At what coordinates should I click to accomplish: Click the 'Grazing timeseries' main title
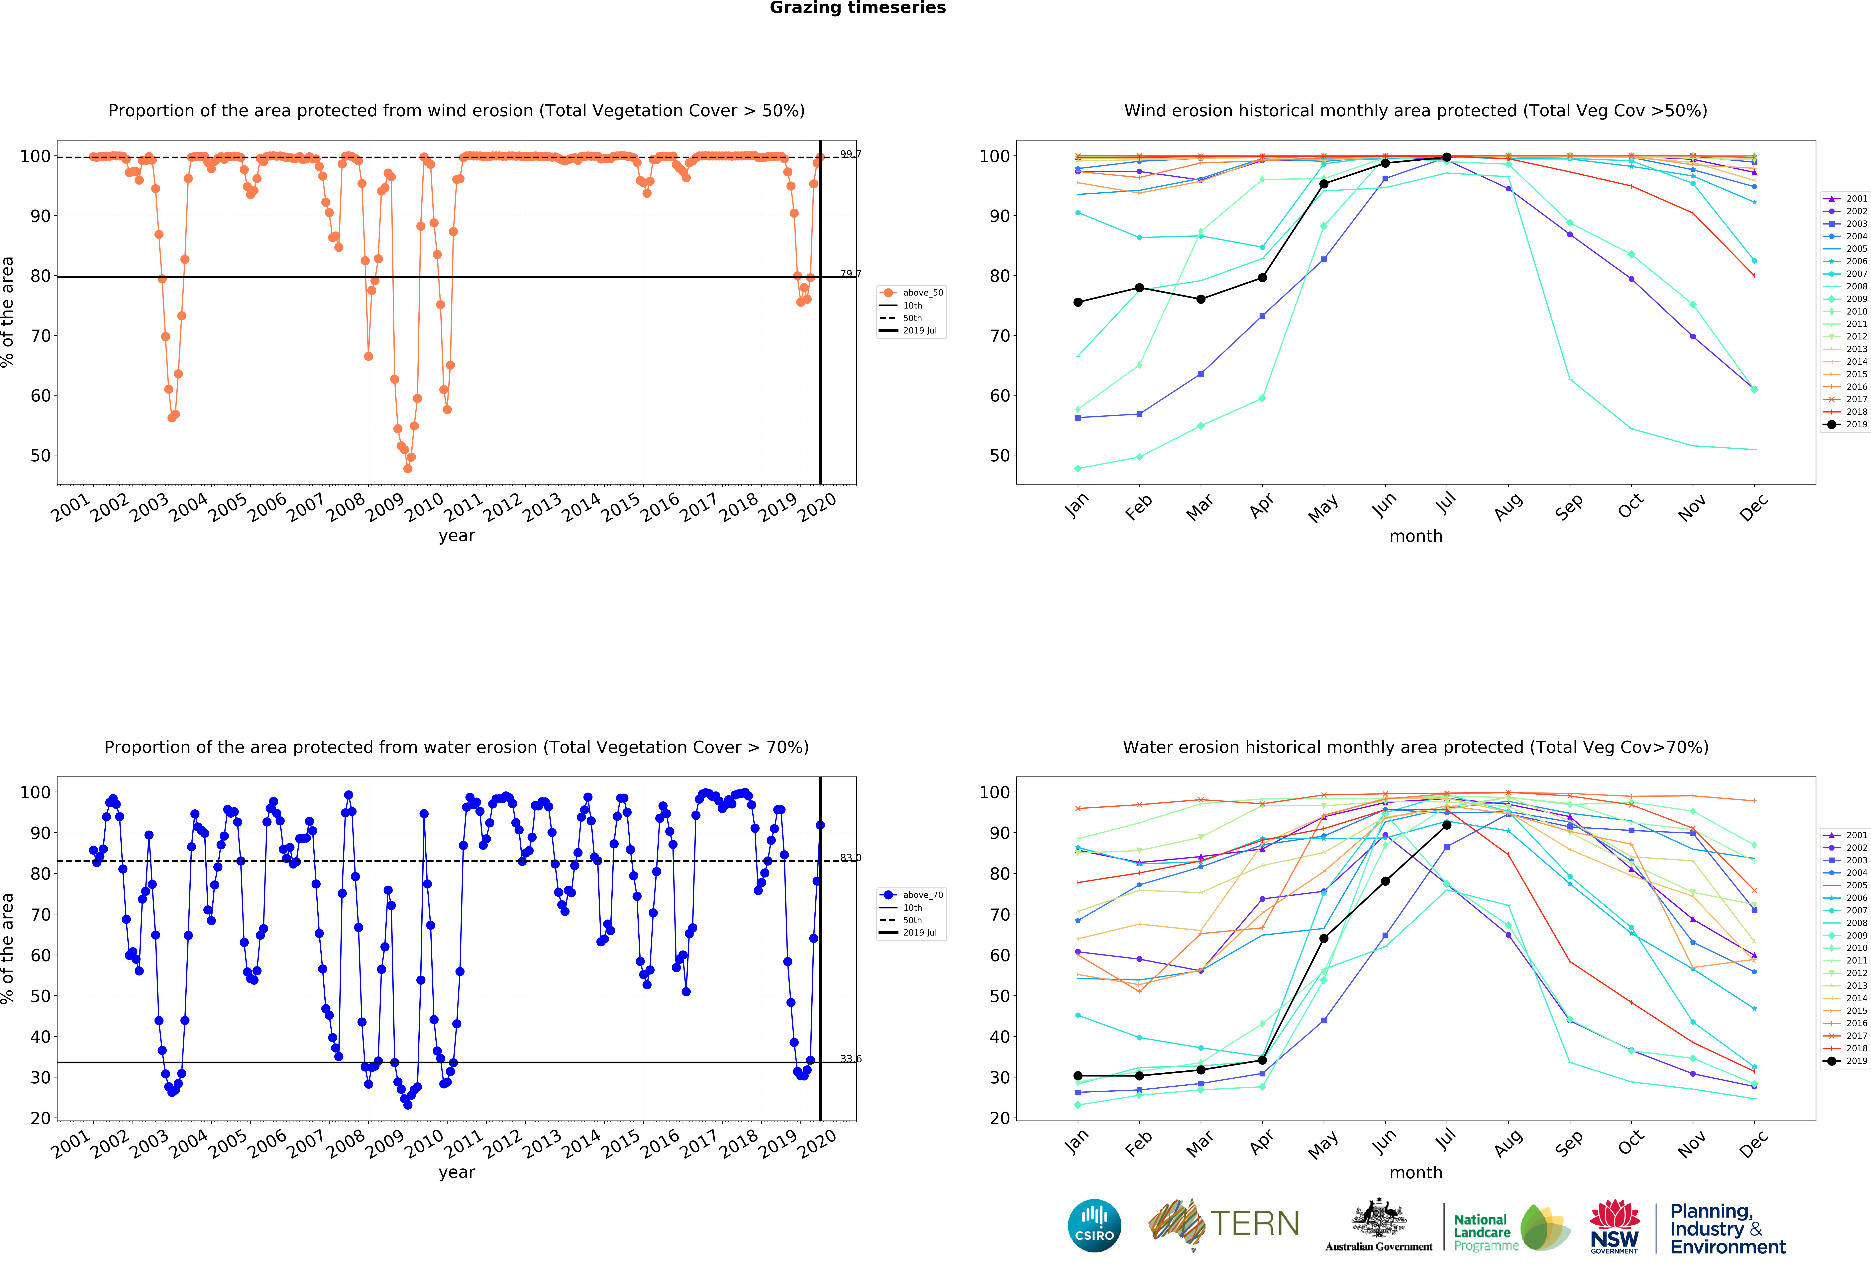[857, 8]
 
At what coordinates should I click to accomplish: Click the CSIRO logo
[1094, 1225]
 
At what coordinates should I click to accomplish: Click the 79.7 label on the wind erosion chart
[850, 274]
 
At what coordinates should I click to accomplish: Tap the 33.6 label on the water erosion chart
[850, 1058]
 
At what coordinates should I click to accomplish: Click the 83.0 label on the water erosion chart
[850, 857]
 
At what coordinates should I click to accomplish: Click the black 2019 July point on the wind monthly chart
[1447, 157]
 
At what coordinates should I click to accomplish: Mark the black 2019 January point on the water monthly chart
[1078, 1075]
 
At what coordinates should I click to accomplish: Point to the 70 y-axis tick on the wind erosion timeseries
[40, 336]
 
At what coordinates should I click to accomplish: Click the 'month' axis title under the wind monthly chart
[1415, 536]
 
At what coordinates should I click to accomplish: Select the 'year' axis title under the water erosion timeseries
[457, 1172]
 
